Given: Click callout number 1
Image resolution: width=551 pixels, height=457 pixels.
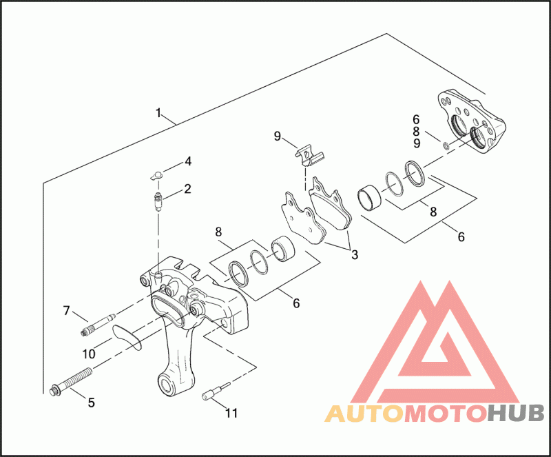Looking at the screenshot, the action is coord(158,112).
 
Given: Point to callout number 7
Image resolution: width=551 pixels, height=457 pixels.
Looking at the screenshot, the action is coord(67,311).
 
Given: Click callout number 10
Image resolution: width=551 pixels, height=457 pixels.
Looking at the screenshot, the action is coord(89,354).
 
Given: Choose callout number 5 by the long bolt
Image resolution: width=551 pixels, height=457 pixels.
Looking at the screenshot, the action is coord(91,402).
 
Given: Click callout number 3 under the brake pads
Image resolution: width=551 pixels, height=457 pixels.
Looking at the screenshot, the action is coord(354,254).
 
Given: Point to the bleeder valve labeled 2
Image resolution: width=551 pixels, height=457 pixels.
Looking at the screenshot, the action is coord(158,201).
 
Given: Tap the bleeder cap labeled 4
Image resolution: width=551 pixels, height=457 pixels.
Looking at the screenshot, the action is coord(156,175).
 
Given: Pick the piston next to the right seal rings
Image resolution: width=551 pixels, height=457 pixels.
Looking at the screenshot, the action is coord(371,198).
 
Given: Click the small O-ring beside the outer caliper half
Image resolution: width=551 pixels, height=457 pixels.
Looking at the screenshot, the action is coord(446,145).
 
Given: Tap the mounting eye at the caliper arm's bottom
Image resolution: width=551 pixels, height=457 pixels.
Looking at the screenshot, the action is coord(167,382).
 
